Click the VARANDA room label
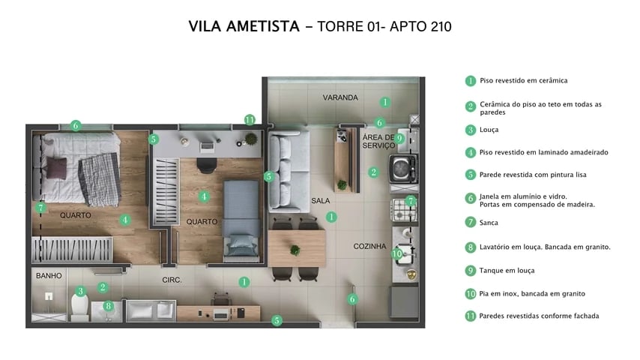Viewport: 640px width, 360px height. click(x=339, y=98)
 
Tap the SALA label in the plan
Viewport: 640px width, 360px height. click(x=321, y=200)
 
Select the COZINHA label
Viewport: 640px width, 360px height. click(x=369, y=246)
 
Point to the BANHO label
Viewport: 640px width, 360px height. click(x=49, y=276)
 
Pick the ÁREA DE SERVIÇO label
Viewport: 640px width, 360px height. click(x=378, y=142)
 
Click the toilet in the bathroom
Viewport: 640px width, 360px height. click(x=79, y=304)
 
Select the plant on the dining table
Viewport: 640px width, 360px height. click(x=295, y=250)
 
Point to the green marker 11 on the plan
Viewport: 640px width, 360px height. click(x=250, y=120)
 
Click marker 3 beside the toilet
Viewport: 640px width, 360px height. click(x=80, y=291)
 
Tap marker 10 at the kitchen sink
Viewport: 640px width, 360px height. click(x=397, y=253)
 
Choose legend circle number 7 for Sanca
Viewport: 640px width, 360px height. click(x=471, y=223)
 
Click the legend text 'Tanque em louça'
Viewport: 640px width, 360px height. click(x=507, y=270)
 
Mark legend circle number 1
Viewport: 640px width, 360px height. click(x=471, y=81)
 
